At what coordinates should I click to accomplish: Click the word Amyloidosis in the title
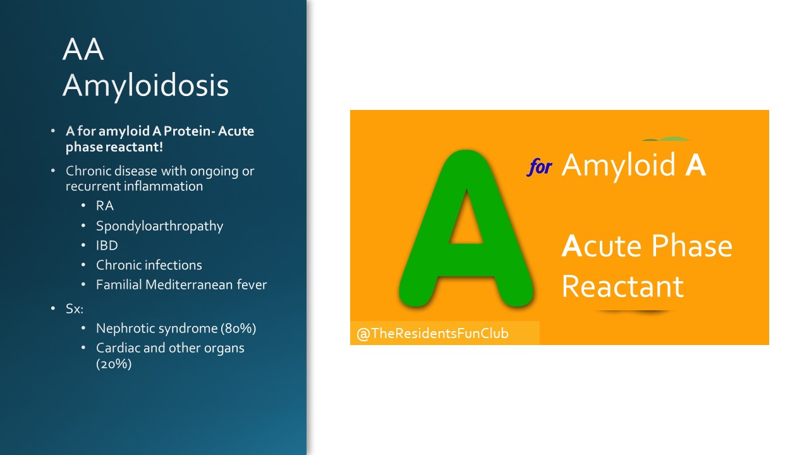pos(145,87)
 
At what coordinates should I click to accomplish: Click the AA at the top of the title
pos(83,49)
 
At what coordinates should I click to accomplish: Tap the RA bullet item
pos(105,206)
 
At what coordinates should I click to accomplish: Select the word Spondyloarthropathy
pos(160,226)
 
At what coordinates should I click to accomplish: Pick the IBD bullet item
pos(107,246)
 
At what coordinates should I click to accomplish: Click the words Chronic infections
pos(149,265)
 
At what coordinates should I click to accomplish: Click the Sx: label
pos(75,309)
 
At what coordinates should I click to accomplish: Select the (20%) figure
pos(114,363)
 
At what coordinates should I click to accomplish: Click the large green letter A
pos(466,228)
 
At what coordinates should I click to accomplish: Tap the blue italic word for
pos(539,167)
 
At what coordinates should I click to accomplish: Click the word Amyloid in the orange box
pos(619,166)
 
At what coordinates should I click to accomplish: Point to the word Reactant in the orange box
pos(623,287)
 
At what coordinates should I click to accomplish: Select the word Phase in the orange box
pos(692,246)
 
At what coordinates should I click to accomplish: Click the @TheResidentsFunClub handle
pos(433,333)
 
